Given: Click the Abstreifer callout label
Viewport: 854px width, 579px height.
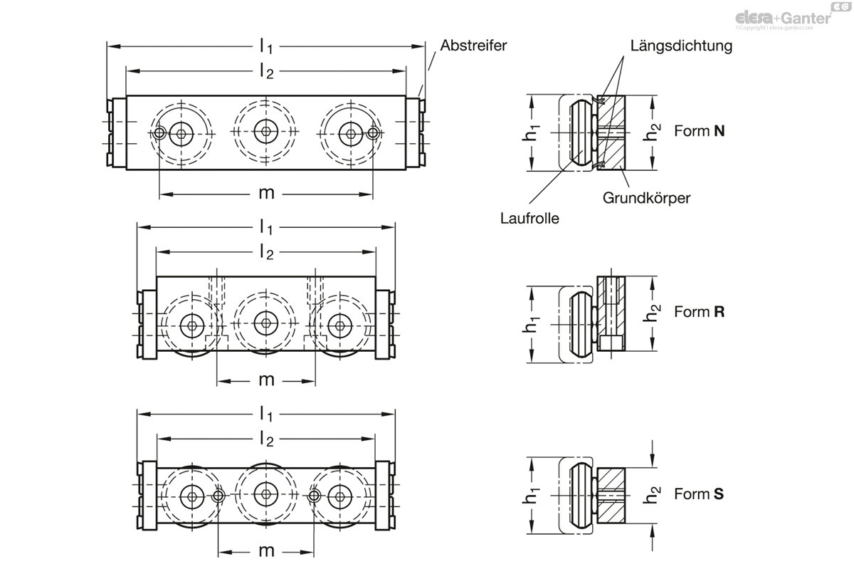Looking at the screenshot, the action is (473, 46).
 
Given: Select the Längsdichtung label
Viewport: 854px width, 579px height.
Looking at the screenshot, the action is (681, 46).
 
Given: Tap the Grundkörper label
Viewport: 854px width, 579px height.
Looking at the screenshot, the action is (647, 198).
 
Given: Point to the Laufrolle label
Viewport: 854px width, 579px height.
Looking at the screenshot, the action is (529, 219).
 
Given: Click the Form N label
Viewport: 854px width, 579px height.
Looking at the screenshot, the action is (699, 131).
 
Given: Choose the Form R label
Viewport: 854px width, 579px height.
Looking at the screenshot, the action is (699, 312).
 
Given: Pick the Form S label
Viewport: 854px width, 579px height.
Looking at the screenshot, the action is (699, 494).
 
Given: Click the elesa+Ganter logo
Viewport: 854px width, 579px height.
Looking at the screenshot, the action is (791, 17).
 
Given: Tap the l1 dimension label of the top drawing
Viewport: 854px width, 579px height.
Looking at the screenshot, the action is (266, 47).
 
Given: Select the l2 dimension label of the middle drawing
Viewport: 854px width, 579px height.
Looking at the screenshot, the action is (266, 253).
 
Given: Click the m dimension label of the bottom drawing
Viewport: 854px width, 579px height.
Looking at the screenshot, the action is (266, 551).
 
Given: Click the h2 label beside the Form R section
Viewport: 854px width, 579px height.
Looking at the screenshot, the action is (651, 313).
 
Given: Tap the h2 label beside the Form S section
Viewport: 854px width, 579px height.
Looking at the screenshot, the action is (651, 495).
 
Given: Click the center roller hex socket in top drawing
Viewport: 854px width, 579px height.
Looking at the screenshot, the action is (266, 132).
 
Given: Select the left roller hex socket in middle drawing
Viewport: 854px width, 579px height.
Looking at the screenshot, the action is (193, 325).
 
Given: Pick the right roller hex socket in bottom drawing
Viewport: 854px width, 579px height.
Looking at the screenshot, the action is (339, 496).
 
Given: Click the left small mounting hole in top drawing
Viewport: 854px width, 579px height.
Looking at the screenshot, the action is (159, 133).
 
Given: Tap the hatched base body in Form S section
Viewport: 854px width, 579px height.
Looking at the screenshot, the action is (611, 496).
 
